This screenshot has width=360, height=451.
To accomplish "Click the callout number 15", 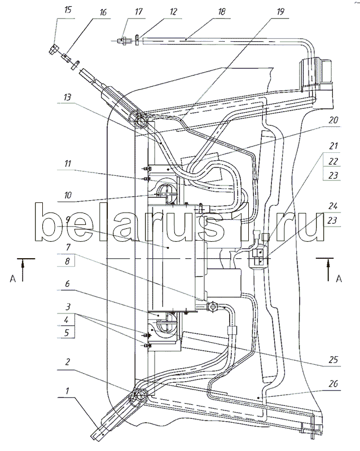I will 68,11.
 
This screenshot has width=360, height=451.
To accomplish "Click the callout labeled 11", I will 67,164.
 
